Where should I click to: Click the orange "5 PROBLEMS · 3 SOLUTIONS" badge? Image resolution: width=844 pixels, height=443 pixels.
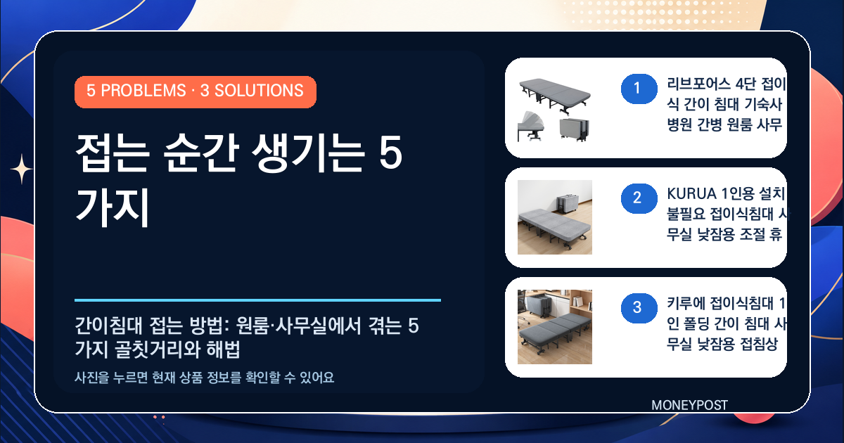(x=196, y=92)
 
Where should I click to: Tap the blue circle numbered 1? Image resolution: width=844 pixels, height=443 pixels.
(x=639, y=89)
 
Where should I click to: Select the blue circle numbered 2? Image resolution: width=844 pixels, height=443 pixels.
(x=639, y=198)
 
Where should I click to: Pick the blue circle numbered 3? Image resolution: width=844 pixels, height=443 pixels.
(x=639, y=308)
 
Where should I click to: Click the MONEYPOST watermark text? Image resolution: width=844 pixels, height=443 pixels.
(x=689, y=405)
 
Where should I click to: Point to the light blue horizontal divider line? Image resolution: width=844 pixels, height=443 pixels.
(x=257, y=300)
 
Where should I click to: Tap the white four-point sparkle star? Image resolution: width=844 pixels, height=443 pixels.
(x=22, y=169)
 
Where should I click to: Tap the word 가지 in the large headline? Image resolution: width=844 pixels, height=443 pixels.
(x=113, y=207)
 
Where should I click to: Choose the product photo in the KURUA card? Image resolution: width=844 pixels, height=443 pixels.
(x=555, y=217)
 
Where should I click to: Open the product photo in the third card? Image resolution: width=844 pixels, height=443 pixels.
(x=555, y=327)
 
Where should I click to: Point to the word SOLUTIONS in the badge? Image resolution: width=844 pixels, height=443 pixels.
(x=259, y=91)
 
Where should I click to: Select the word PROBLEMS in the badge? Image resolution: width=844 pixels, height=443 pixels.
(x=143, y=91)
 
